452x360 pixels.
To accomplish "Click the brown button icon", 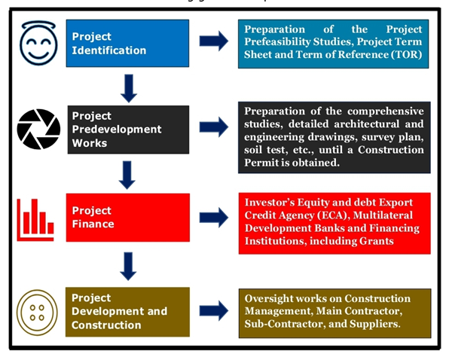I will click(x=37, y=310).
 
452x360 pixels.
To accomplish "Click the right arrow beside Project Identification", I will click(x=213, y=41).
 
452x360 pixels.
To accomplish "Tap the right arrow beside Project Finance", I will click(x=213, y=218).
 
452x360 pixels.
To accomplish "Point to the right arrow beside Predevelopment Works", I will click(x=213, y=127).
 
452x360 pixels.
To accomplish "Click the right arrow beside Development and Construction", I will click(x=213, y=310).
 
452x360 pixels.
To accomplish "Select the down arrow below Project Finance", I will click(x=128, y=265).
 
